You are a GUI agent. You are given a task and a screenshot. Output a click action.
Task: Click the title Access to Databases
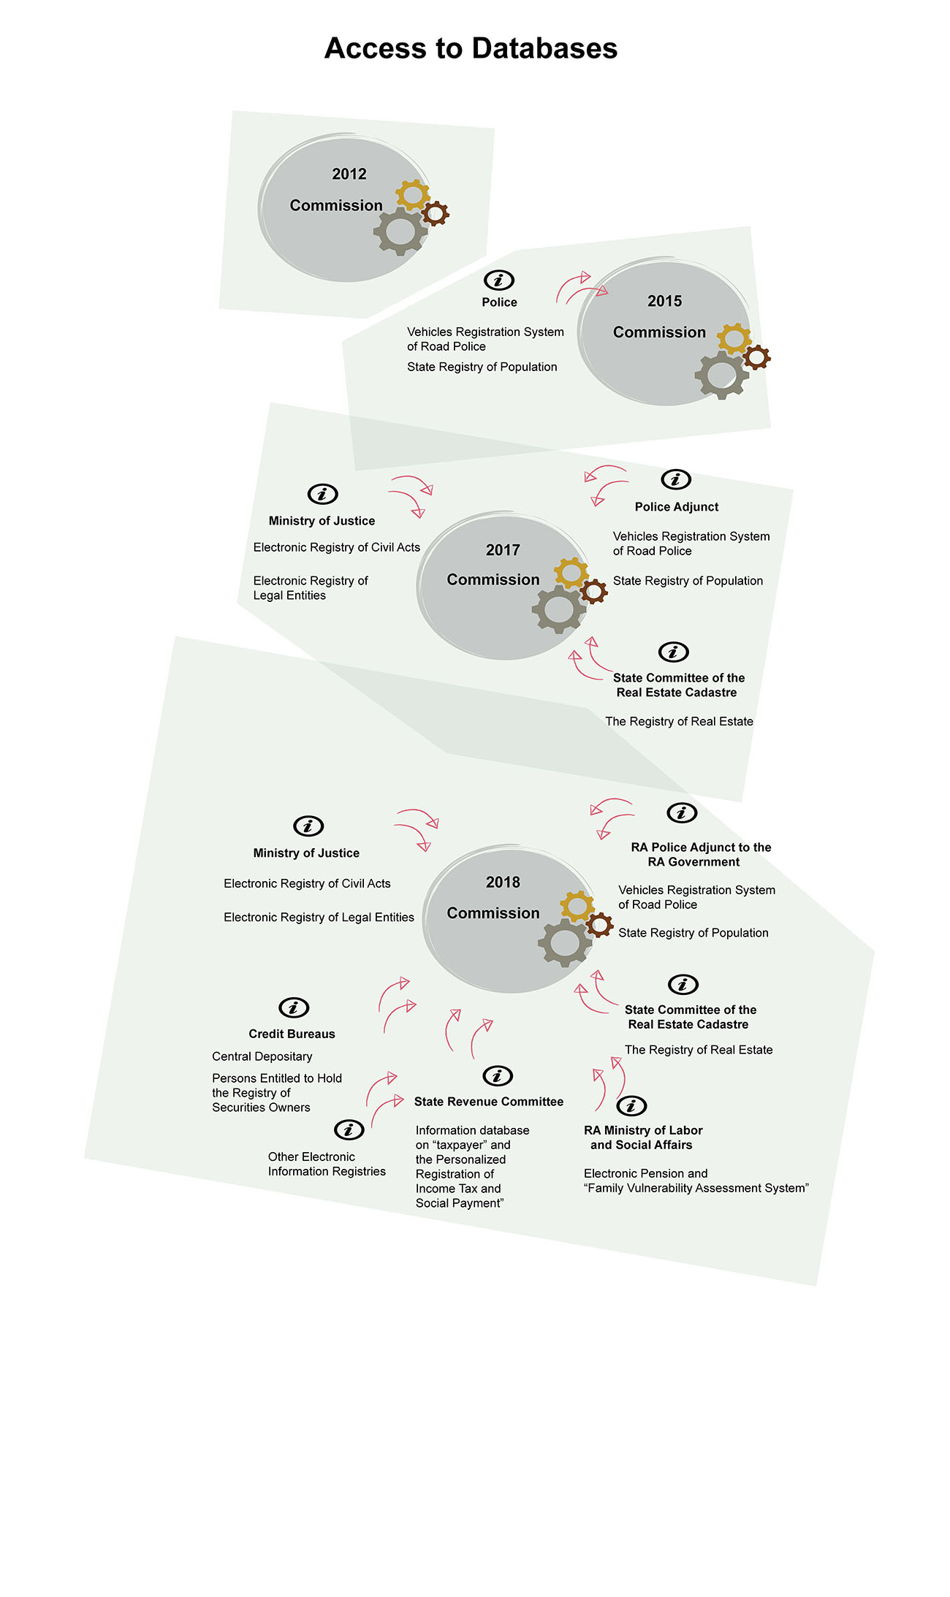(x=471, y=48)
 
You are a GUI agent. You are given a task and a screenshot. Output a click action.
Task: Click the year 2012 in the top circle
(x=349, y=174)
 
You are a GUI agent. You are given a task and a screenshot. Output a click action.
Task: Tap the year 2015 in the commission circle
(x=664, y=301)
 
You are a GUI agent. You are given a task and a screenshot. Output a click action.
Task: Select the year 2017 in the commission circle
(x=503, y=550)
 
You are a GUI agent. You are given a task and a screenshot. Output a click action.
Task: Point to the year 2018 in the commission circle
(x=503, y=883)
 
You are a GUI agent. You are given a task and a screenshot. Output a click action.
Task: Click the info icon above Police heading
(x=499, y=280)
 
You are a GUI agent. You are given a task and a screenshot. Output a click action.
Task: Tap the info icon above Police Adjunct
(x=676, y=479)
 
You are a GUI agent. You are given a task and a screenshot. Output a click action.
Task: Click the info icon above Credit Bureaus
(x=294, y=1007)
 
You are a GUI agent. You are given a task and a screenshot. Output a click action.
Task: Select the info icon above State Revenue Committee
(x=498, y=1075)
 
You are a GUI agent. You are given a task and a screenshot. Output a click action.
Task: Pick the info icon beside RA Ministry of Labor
(x=631, y=1105)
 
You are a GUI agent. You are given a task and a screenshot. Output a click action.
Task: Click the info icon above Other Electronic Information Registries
(x=349, y=1129)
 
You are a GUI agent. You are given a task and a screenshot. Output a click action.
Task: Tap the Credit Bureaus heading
(x=292, y=1034)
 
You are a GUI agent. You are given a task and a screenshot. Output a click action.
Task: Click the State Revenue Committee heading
(x=489, y=1102)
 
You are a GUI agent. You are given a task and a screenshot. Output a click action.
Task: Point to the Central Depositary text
(x=262, y=1056)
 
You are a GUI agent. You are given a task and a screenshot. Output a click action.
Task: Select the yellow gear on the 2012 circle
(x=413, y=194)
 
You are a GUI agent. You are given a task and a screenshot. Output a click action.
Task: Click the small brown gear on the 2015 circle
(x=756, y=357)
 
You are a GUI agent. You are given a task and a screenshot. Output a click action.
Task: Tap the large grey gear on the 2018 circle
(x=565, y=942)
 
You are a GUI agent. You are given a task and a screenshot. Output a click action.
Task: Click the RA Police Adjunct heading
(x=701, y=855)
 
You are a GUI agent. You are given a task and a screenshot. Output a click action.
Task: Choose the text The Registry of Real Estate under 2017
(x=679, y=722)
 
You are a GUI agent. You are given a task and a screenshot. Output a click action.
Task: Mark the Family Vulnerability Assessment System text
(x=696, y=1188)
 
